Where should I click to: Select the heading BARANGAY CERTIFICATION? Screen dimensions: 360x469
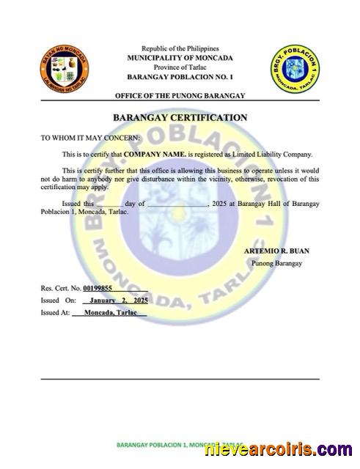180,117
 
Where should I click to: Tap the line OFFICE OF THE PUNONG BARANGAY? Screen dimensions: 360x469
180,96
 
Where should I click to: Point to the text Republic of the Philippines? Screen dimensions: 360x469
180,47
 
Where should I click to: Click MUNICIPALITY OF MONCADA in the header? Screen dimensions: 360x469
180,57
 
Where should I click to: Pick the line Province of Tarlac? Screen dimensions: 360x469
180,67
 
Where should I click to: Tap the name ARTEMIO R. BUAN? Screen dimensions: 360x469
276,251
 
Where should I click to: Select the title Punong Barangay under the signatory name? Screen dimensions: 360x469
276,262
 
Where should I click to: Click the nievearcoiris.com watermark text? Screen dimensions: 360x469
279,449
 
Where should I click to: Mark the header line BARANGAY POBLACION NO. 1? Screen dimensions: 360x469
180,77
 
